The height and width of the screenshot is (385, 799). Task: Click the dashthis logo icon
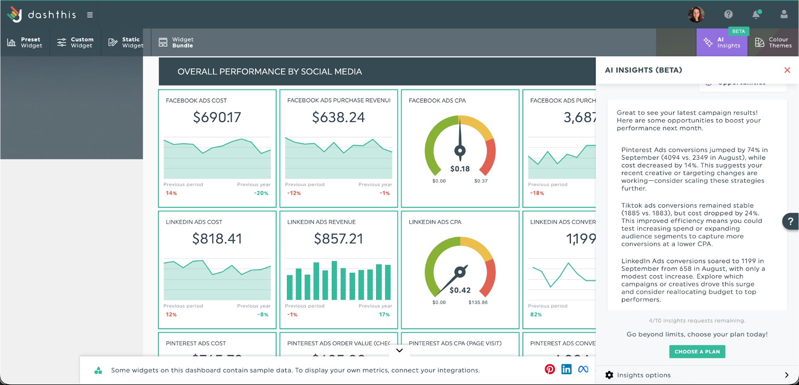tap(15, 14)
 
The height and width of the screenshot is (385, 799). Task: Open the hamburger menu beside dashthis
tap(90, 15)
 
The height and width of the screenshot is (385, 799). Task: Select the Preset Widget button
tap(25, 42)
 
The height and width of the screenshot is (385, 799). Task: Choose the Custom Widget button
tap(75, 42)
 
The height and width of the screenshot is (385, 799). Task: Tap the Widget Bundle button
tap(176, 42)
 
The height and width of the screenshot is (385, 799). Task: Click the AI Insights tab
tap(722, 42)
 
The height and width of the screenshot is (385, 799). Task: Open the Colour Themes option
tap(773, 42)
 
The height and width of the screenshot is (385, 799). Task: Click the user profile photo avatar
tap(696, 14)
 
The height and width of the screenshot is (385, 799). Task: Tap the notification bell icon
tap(756, 14)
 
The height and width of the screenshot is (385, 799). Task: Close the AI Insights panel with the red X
tap(787, 70)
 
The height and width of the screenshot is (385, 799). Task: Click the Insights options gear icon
tap(609, 375)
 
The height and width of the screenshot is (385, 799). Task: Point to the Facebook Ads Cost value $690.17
tap(217, 117)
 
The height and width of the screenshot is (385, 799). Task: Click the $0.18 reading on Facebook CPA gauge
tap(460, 169)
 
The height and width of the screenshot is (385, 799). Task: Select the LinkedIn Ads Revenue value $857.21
tap(339, 239)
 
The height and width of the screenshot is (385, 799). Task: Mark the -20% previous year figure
tap(261, 193)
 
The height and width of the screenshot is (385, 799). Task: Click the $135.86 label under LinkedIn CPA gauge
tap(478, 302)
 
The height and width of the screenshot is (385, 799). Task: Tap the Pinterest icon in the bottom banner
tap(550, 369)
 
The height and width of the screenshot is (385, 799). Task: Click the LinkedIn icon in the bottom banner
tap(566, 369)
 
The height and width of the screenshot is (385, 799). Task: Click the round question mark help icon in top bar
tap(728, 14)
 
